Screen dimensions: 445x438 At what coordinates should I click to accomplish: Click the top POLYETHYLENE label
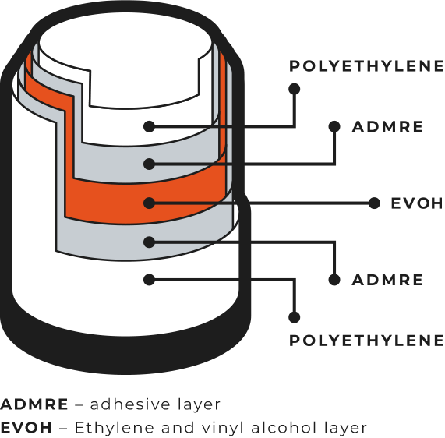pos(366,66)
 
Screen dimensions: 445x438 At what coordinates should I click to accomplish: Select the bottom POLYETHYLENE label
pos(366,341)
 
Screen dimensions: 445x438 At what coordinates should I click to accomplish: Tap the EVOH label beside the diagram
pos(417,203)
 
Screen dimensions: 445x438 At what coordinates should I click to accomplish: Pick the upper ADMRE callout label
pos(387,126)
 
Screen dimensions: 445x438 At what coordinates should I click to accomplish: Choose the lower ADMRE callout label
pos(387,280)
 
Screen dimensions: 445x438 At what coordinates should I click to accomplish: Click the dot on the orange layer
pos(150,203)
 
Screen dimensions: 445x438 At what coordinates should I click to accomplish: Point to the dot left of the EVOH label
pos(374,203)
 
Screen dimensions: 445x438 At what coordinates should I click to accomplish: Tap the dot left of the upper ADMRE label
pos(334,126)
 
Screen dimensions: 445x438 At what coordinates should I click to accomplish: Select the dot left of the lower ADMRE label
pos(334,280)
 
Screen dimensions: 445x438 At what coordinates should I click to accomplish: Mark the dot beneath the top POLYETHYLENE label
pos(295,89)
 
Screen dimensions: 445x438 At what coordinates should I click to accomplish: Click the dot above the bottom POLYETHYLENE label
pos(295,317)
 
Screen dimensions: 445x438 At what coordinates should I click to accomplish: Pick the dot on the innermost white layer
pos(150,126)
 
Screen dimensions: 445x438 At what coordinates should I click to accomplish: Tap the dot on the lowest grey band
pos(150,242)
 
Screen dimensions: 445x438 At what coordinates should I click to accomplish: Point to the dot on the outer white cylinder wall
pos(150,280)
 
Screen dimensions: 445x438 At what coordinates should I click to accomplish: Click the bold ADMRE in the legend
pos(34,404)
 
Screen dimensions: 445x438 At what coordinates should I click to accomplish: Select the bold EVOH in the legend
pos(26,428)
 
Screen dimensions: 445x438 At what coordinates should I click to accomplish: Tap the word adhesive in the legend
pos(130,404)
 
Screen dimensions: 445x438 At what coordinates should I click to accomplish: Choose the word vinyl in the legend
pos(226,429)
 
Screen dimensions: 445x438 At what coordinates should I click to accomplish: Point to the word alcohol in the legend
pos(284,428)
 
